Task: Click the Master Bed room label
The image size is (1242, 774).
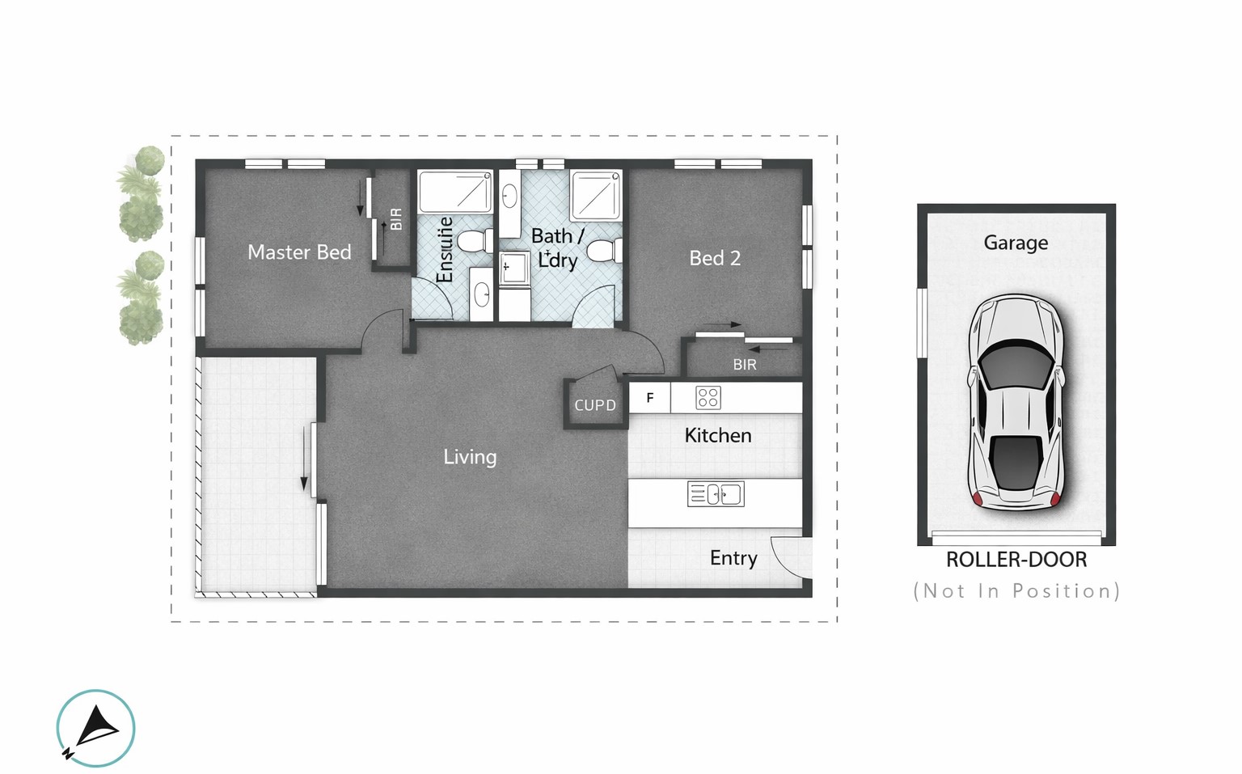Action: (x=299, y=252)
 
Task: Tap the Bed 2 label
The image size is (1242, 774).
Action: (x=715, y=258)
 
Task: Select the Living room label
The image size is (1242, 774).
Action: (x=470, y=458)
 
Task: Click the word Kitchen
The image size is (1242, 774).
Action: (x=718, y=435)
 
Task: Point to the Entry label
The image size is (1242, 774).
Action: (x=733, y=558)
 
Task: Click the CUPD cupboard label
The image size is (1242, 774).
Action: (x=595, y=405)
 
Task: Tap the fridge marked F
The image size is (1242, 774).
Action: (x=650, y=398)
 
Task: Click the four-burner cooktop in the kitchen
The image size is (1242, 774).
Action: (x=708, y=398)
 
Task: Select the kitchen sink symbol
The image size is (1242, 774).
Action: (x=716, y=494)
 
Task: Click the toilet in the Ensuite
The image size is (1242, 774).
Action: (x=475, y=242)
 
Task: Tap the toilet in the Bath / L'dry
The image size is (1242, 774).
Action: (x=604, y=251)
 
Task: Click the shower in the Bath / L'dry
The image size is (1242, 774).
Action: (x=596, y=195)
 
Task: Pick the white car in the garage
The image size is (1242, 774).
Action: (x=1016, y=401)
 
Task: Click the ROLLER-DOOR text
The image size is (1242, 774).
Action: (x=1016, y=560)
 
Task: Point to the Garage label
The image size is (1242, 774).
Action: (x=1016, y=243)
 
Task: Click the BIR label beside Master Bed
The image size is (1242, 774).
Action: (x=396, y=219)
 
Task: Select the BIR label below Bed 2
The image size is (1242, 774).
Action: (x=745, y=364)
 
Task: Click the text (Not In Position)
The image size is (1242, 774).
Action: (x=1017, y=591)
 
